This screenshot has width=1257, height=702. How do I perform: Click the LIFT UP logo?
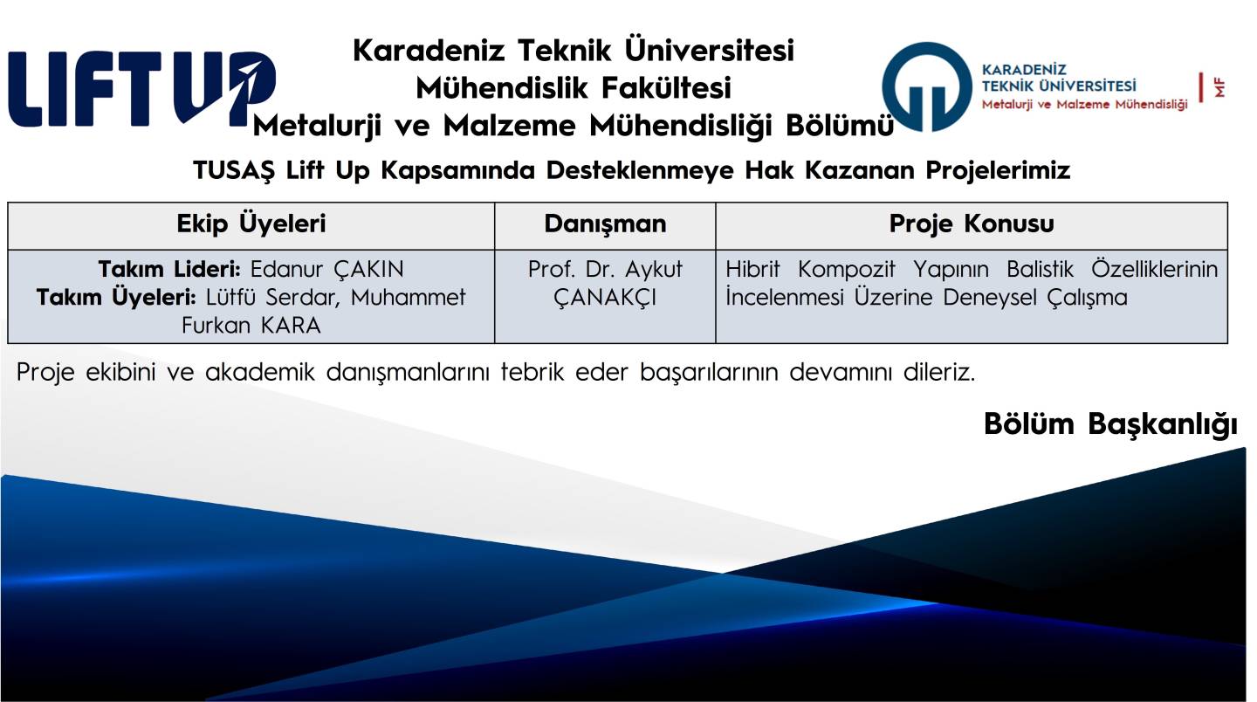click(x=142, y=88)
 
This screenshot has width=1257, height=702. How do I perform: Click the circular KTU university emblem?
click(x=926, y=87)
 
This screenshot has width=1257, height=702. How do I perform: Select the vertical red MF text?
click(x=1219, y=88)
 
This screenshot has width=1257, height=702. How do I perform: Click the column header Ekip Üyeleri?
click(x=251, y=224)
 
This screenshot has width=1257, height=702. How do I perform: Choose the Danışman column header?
click(x=605, y=224)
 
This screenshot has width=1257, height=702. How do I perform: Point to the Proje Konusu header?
click(x=972, y=224)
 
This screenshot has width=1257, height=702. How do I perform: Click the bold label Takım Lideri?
click(x=169, y=269)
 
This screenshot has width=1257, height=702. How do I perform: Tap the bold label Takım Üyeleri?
click(x=116, y=297)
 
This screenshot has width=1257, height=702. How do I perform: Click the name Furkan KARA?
click(x=251, y=326)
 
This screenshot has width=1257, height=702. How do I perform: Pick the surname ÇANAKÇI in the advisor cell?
click(x=605, y=298)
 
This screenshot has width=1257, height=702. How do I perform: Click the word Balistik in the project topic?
click(x=1040, y=269)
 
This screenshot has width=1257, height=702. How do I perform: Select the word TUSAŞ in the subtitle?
click(x=234, y=170)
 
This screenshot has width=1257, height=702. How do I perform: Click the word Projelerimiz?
click(x=998, y=170)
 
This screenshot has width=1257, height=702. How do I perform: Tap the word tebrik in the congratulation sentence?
click(x=532, y=372)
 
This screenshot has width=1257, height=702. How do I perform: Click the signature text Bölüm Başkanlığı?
click(x=1110, y=425)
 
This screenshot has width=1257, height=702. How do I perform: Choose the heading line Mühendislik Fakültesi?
click(x=574, y=88)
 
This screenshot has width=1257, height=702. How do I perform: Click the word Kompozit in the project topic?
click(x=846, y=270)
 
